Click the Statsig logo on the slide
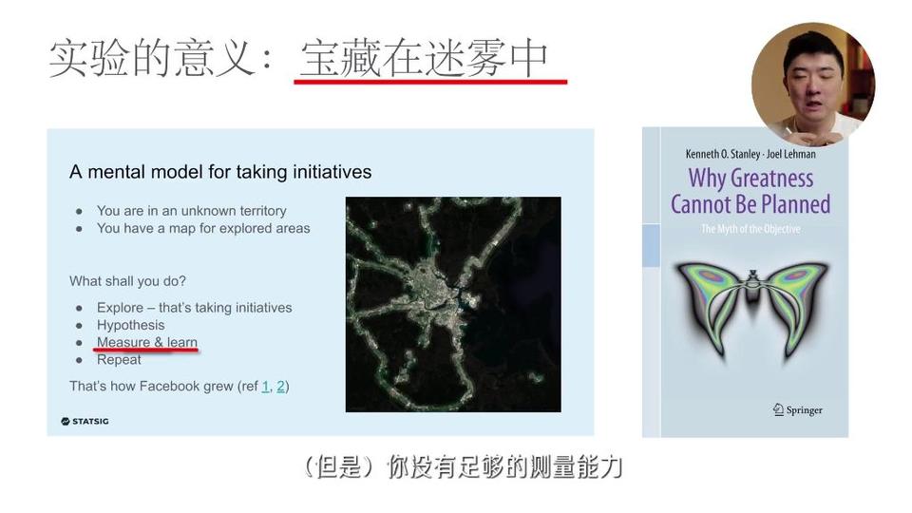click(x=85, y=421)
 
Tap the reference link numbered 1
click(x=266, y=387)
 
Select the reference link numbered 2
click(x=280, y=387)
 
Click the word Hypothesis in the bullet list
click(x=131, y=325)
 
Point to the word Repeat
click(x=120, y=359)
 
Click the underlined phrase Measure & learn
click(x=147, y=342)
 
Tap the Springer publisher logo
click(x=797, y=410)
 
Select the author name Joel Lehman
click(x=791, y=154)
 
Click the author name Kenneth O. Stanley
click(x=723, y=154)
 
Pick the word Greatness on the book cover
click(x=771, y=178)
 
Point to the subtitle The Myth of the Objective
click(x=750, y=229)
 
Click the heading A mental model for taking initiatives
click(x=220, y=172)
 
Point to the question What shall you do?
click(x=128, y=281)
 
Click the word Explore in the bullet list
click(x=120, y=308)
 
